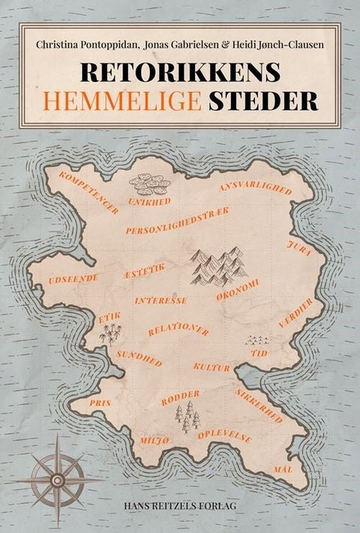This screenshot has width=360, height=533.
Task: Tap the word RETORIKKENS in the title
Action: [x=179, y=72]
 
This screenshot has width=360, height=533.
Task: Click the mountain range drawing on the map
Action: [x=218, y=265]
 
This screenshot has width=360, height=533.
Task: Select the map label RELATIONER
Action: [x=178, y=329]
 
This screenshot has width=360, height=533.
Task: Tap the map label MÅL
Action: [x=283, y=469]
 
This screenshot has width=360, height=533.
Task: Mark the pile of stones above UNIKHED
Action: [x=149, y=184]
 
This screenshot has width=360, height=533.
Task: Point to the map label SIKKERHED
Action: [x=258, y=406]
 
